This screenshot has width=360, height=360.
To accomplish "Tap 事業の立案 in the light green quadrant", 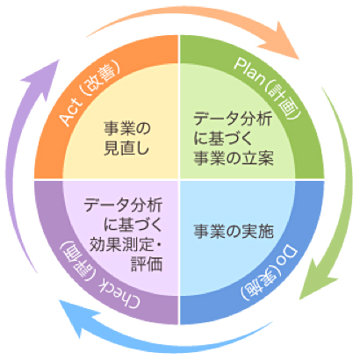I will pyautogui.click(x=234, y=157).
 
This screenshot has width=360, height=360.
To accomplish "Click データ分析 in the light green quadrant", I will pyautogui.click(x=234, y=117).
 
